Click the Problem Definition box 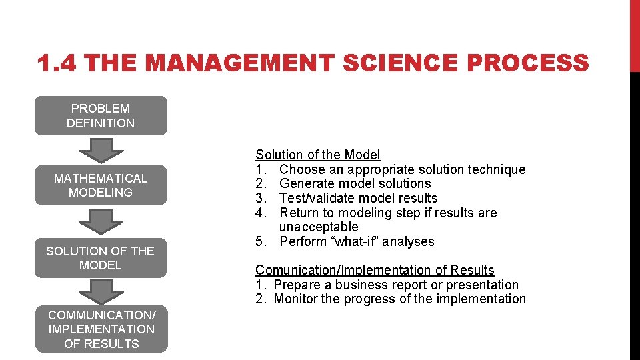101,115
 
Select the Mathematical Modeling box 101,185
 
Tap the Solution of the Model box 101,258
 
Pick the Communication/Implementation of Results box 101,329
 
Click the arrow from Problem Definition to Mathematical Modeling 101,150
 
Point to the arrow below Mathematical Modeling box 101,221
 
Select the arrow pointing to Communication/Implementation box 101,292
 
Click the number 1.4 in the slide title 59,64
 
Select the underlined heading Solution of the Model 318,155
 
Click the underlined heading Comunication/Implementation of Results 375,270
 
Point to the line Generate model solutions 355,183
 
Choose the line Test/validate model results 358,198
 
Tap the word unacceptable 318,227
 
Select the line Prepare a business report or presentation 396,285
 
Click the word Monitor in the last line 295,299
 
